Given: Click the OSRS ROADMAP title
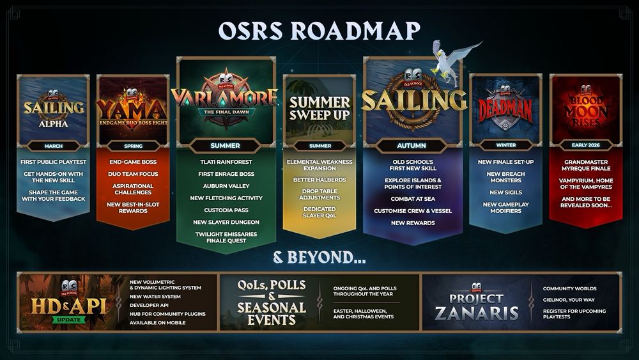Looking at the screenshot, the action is pyautogui.click(x=319, y=31).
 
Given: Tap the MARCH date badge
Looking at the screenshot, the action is pyautogui.click(x=54, y=146).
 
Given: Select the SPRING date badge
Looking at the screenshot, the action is pyautogui.click(x=134, y=146).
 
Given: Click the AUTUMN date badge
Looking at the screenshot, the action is pyautogui.click(x=412, y=146).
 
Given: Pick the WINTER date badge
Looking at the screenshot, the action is pyautogui.click(x=505, y=145).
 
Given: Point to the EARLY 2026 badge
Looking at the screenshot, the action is pyautogui.click(x=585, y=145).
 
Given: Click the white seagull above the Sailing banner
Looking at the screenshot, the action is pyautogui.click(x=452, y=61).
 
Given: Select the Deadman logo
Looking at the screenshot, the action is pyautogui.click(x=505, y=108).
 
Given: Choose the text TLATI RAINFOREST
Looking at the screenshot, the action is pyautogui.click(x=226, y=162).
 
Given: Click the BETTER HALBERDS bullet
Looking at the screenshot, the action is pyautogui.click(x=319, y=180).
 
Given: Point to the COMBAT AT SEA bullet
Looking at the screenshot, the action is pyautogui.click(x=413, y=199).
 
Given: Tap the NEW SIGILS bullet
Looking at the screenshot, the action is pyautogui.click(x=505, y=192).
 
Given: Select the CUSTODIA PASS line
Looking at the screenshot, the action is pyautogui.click(x=226, y=210).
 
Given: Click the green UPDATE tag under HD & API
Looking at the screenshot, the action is pyautogui.click(x=69, y=320).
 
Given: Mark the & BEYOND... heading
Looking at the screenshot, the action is pyautogui.click(x=319, y=258).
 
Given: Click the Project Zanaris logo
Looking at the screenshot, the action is pyautogui.click(x=477, y=302).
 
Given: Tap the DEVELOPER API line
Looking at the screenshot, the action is pyautogui.click(x=149, y=306).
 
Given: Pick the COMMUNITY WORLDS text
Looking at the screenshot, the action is pyautogui.click(x=570, y=288).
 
